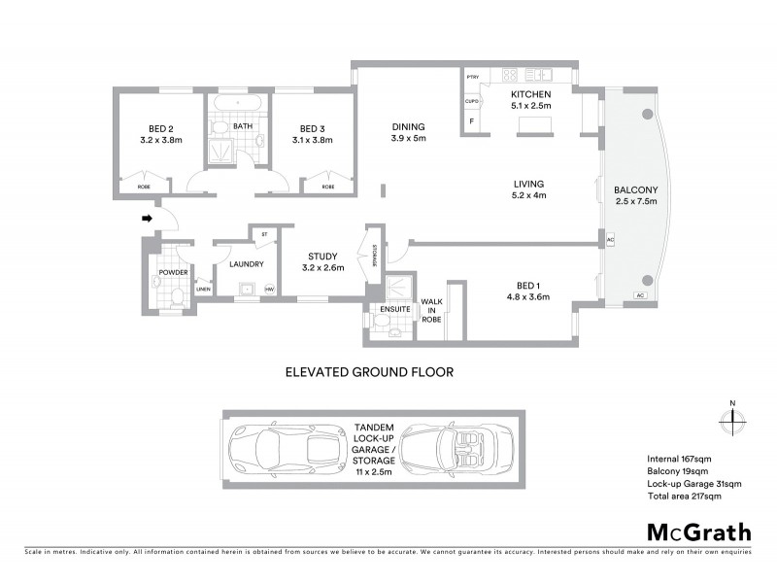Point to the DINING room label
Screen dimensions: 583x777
(408, 126)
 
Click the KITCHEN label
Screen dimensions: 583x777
(530, 93)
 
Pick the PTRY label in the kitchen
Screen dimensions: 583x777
(473, 77)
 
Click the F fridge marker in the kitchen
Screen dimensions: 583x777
(472, 121)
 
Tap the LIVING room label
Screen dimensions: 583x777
(529, 183)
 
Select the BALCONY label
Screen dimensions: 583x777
(636, 189)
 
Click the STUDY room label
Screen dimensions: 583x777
(322, 257)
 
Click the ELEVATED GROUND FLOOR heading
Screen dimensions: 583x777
(369, 370)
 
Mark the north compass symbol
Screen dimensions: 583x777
(732, 421)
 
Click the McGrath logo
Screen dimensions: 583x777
(698, 532)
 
